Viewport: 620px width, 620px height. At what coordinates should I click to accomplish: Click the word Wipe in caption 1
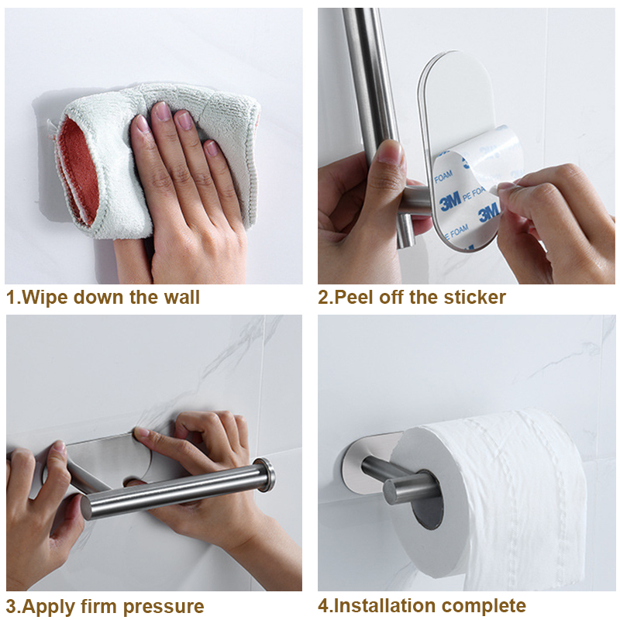click(46, 298)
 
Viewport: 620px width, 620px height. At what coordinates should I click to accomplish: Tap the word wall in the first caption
click(182, 298)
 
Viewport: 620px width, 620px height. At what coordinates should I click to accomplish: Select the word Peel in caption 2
click(353, 298)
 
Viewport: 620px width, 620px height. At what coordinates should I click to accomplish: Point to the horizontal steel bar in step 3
click(178, 494)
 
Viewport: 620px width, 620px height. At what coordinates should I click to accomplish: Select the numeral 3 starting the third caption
click(12, 606)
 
